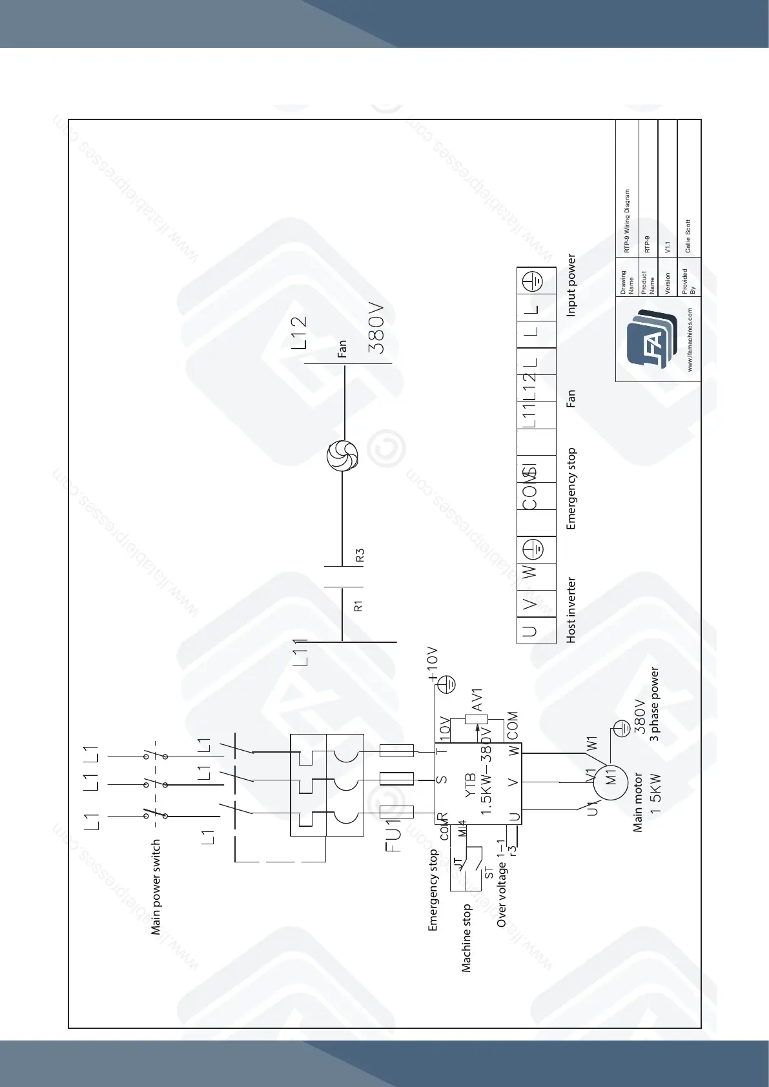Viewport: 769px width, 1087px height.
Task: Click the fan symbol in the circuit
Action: tap(342, 456)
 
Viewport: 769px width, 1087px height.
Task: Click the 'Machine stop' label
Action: tap(466, 939)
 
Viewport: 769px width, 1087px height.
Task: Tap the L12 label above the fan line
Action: tap(298, 332)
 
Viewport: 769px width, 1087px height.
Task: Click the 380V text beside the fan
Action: tap(376, 329)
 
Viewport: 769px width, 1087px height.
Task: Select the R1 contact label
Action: tap(359, 606)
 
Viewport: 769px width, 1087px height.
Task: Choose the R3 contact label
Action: tap(360, 555)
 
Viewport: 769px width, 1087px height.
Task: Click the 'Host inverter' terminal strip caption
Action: tap(571, 610)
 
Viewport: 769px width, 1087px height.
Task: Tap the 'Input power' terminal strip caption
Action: tap(571, 285)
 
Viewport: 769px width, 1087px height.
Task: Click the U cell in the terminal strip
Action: tap(530, 631)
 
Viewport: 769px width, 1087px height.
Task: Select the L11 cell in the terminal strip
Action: tap(530, 415)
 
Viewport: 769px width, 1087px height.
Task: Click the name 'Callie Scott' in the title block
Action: tap(688, 236)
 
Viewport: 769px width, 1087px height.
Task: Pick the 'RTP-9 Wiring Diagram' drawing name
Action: tap(626, 221)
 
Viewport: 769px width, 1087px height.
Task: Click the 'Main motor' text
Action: tap(638, 802)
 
